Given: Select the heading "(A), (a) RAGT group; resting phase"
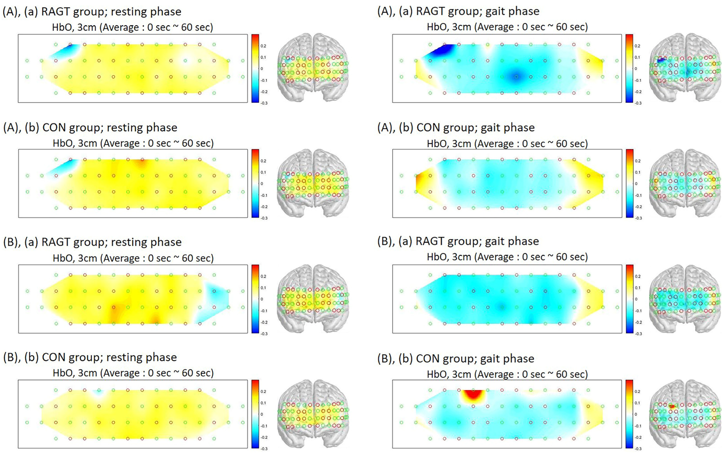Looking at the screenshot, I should pyautogui.click(x=92, y=12).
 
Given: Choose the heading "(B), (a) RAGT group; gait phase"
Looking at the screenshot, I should pyautogui.click(x=458, y=241).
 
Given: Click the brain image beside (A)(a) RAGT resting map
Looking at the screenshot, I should pyautogui.click(x=313, y=67).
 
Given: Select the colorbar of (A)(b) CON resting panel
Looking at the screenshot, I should pyautogui.click(x=255, y=183).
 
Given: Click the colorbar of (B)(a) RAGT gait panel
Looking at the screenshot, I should pyautogui.click(x=629, y=299).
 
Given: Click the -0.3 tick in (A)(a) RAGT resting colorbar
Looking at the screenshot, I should pyautogui.click(x=264, y=103).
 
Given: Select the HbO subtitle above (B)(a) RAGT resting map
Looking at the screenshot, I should pyautogui.click(x=133, y=258).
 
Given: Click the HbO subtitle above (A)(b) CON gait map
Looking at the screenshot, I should pyautogui.click(x=507, y=143).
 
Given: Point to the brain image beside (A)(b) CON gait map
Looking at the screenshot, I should pyautogui.click(x=685, y=183).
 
